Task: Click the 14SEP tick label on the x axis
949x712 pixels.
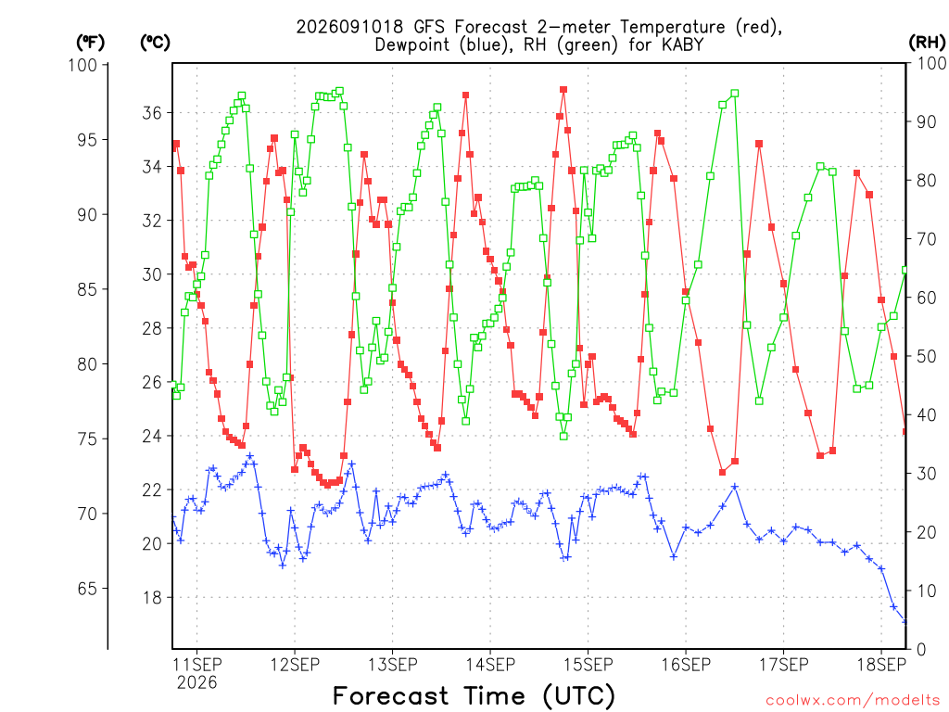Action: tap(490, 665)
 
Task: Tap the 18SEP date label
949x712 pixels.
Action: tap(881, 665)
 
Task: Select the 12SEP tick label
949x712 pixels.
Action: tap(295, 665)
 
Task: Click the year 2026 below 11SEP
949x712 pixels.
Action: tap(196, 683)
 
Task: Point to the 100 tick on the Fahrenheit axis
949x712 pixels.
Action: tap(82, 65)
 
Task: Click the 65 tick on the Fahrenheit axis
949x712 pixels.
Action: tap(87, 589)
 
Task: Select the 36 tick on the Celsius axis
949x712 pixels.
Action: tap(152, 113)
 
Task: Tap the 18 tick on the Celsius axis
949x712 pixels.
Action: tap(152, 598)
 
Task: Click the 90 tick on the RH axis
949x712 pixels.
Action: tap(926, 121)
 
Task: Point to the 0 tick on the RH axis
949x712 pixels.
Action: tap(921, 650)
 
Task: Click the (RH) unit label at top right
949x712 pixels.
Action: tap(927, 42)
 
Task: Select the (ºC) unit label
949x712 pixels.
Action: tap(155, 42)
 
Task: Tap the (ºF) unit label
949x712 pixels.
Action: tap(90, 42)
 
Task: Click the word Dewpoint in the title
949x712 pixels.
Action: tap(411, 45)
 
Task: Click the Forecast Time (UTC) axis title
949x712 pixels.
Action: tap(474, 696)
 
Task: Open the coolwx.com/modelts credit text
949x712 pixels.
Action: tap(853, 701)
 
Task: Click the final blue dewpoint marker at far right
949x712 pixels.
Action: tap(905, 622)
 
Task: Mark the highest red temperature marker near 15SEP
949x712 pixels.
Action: tap(563, 90)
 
